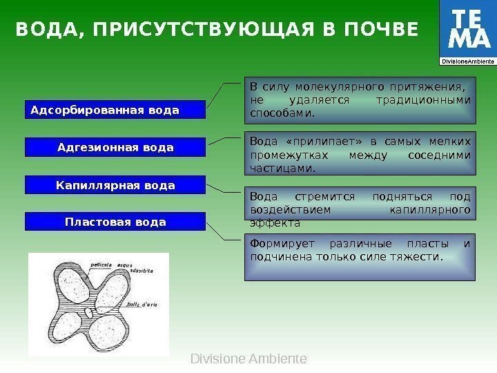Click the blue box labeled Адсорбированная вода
coord(115,110)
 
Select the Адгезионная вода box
coord(115,148)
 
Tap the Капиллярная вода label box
coord(115,185)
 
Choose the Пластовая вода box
coord(115,222)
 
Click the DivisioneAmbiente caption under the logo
coord(468,61)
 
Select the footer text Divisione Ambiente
coord(248,359)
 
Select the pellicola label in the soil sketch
coord(105,264)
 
